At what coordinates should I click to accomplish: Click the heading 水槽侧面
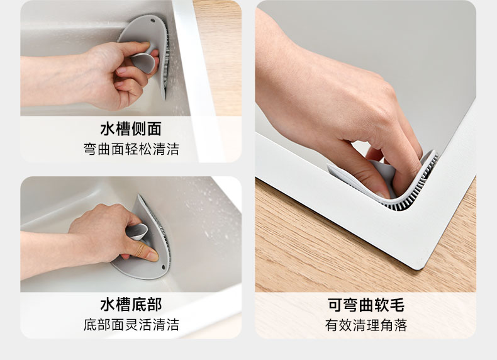tap(131, 129)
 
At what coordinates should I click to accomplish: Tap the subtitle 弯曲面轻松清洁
tap(131, 149)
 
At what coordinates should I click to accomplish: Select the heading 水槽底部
tap(131, 305)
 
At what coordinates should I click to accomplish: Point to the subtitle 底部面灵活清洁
tap(131, 325)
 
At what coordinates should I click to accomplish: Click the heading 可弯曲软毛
tap(366, 305)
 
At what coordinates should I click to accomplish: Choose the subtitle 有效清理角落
tap(366, 325)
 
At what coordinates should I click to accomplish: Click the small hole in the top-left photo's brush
tap(153, 21)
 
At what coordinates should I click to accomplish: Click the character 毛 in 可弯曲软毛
tap(397, 305)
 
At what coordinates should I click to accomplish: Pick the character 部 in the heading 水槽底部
tap(154, 305)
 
